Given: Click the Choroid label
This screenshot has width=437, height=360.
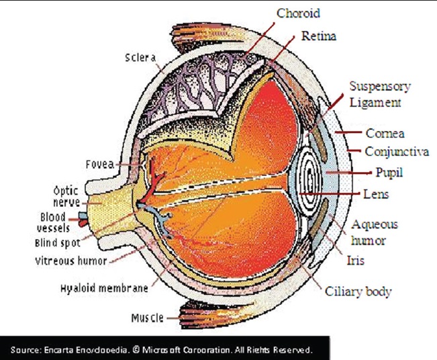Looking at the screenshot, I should coord(298,13).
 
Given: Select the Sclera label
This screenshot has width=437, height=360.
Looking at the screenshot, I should coord(140,58).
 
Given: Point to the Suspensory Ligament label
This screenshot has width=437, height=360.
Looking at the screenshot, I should coord(379,95).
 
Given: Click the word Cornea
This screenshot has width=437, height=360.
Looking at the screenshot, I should coord(385,133).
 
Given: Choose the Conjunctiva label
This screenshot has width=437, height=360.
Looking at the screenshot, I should coord(397,152).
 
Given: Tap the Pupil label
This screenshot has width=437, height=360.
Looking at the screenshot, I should coord(388,172).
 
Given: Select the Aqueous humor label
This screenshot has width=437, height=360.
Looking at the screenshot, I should coord(375,232).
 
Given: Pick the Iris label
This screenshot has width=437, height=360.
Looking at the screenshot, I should coord(356,259).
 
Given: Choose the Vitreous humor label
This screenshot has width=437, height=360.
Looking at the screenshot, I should coord(72,261).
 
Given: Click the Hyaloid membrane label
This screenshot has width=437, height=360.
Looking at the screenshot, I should coord(103,288).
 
